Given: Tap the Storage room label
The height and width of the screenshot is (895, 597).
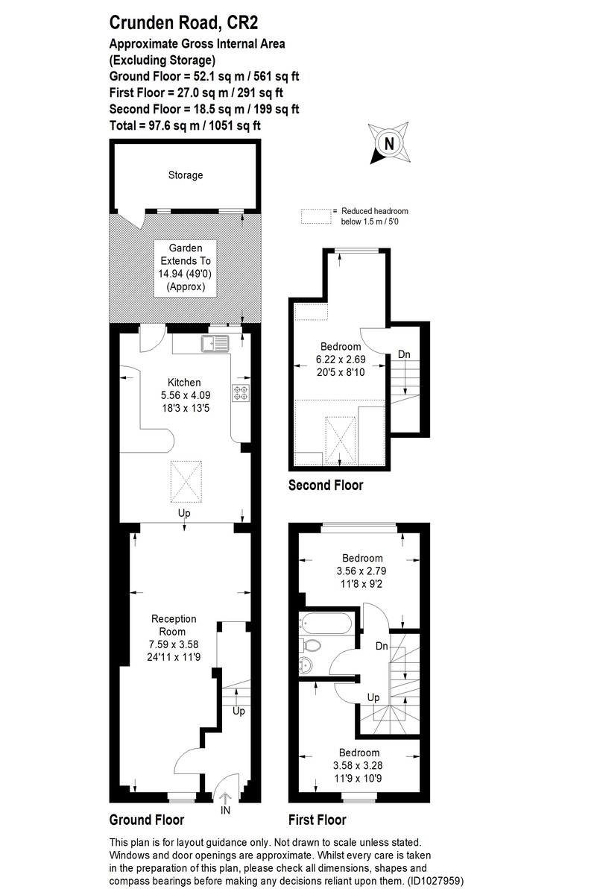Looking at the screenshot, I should click(185, 175).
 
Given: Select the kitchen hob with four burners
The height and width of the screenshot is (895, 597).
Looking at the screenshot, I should click(241, 393).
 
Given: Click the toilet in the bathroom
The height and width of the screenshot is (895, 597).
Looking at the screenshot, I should click(309, 644).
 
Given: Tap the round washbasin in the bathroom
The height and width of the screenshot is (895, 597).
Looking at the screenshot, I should click(307, 665).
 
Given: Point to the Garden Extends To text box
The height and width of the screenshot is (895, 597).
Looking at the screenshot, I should click(185, 267).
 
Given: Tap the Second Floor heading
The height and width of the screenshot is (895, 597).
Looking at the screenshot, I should click(326, 486).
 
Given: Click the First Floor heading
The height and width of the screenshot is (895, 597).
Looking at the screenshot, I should click(317, 820).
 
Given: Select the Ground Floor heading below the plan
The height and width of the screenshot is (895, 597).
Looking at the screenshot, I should click(147, 820).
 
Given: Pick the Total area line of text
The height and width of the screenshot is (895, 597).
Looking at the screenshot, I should click(185, 125).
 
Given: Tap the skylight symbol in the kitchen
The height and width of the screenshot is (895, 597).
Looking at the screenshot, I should click(185, 482).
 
